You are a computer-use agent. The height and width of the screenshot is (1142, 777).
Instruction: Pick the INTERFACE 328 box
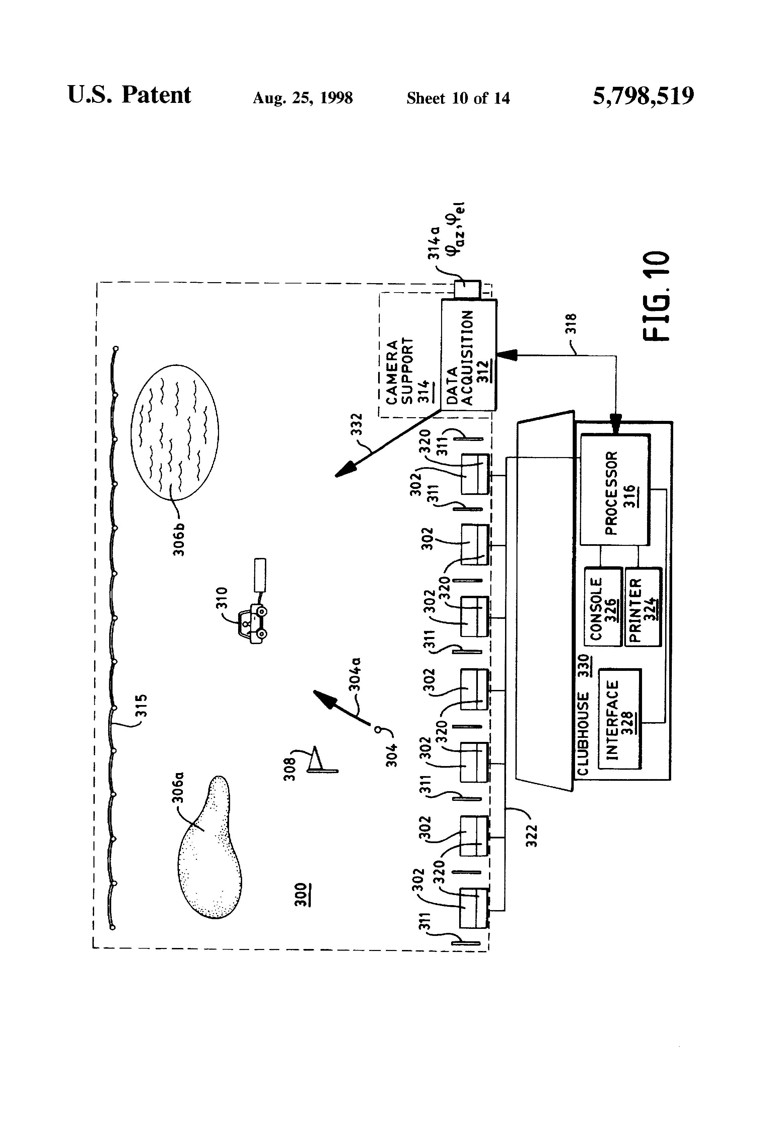619,718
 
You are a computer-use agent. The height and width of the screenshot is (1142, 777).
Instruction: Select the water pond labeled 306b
175,432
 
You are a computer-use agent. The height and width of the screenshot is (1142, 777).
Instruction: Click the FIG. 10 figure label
656,296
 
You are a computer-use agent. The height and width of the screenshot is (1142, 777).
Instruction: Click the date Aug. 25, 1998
302,98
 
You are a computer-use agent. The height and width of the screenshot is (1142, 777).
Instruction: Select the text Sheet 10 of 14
458,98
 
